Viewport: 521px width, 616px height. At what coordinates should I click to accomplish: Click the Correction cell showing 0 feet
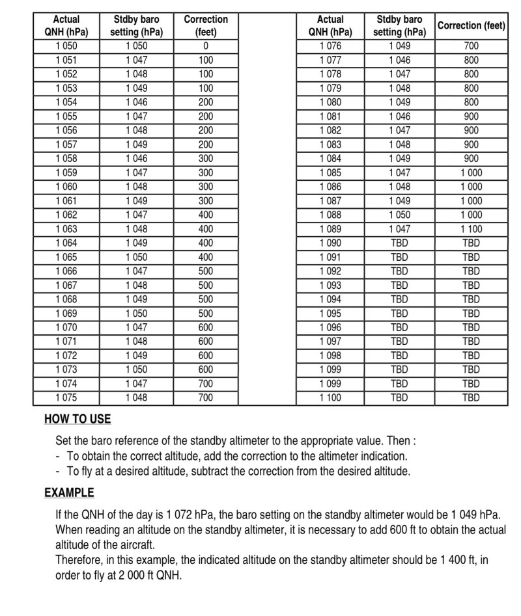(x=206, y=46)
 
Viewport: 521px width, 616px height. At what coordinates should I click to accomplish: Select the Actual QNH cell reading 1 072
(x=65, y=355)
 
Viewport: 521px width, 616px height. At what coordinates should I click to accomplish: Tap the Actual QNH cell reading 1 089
(x=330, y=229)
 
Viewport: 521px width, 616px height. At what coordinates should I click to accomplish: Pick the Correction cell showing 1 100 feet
(x=471, y=229)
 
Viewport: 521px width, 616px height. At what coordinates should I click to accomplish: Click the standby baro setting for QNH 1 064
(x=136, y=243)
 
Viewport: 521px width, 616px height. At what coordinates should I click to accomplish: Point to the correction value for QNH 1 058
(x=206, y=159)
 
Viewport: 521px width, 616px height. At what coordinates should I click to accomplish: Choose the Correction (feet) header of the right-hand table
(x=471, y=26)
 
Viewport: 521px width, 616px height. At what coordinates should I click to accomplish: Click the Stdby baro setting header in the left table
(x=136, y=26)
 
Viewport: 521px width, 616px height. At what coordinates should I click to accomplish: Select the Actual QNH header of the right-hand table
(x=330, y=26)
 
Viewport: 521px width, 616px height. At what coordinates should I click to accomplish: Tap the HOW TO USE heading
(x=77, y=420)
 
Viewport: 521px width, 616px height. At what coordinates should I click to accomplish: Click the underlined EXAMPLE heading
(x=69, y=493)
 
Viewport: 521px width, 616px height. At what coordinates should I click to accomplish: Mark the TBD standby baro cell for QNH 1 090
(x=399, y=243)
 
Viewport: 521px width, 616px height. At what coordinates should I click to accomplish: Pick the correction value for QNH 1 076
(x=471, y=46)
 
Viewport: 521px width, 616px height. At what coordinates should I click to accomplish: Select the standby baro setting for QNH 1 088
(x=399, y=215)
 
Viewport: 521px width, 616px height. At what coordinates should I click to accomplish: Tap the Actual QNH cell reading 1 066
(x=65, y=271)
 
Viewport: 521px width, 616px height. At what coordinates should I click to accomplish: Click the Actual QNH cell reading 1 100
(x=330, y=397)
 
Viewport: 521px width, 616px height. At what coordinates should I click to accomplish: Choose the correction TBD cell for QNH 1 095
(x=471, y=314)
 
